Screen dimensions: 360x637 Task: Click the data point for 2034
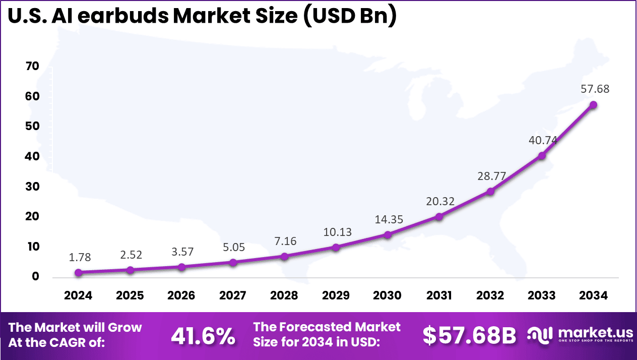pyautogui.click(x=593, y=105)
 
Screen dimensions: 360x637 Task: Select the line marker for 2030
pyautogui.click(x=388, y=234)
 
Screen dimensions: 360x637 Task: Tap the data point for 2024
pyautogui.click(x=78, y=272)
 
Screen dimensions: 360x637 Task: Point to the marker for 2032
pyautogui.click(x=490, y=192)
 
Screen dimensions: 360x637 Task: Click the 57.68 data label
pyautogui.click(x=594, y=89)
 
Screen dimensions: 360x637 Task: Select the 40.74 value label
pyautogui.click(x=542, y=140)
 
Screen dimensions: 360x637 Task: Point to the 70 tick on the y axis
pyautogui.click(x=32, y=67)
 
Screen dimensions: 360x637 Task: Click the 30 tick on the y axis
pyautogui.click(x=32, y=187)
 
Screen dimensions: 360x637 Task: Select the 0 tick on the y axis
pyautogui.click(x=35, y=277)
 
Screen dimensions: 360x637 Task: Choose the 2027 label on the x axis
pyautogui.click(x=232, y=295)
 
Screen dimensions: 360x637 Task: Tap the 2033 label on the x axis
pyautogui.click(x=542, y=295)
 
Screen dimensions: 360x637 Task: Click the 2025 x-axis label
pyautogui.click(x=130, y=295)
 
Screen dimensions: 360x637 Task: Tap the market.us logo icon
pyautogui.click(x=541, y=334)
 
